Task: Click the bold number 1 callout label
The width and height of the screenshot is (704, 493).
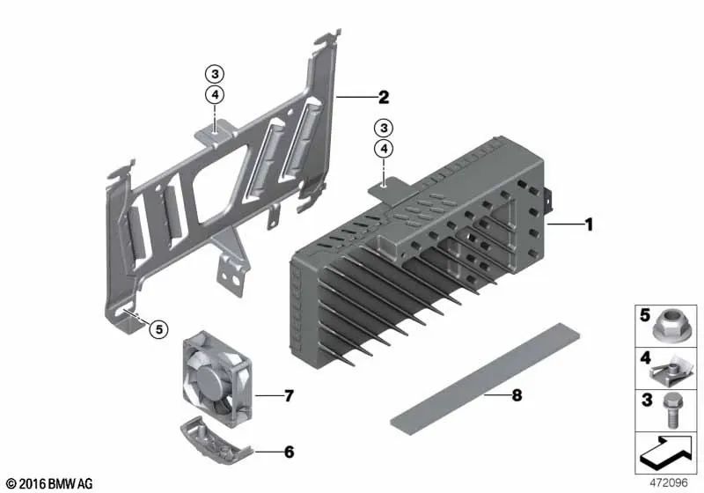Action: [589, 224]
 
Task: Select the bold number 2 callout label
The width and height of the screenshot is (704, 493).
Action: [384, 97]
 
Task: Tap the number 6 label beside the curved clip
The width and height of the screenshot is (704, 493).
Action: [290, 452]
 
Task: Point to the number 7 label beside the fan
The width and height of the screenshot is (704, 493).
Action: [289, 395]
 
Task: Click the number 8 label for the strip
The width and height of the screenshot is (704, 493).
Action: [517, 395]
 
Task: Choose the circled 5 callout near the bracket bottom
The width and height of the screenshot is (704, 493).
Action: [159, 329]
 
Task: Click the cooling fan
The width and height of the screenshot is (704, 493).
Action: [216, 378]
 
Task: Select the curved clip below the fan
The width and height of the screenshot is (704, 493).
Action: [216, 440]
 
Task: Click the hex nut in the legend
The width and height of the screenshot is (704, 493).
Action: [671, 327]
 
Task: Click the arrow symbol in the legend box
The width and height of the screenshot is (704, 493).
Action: [666, 453]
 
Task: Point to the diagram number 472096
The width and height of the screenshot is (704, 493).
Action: [669, 482]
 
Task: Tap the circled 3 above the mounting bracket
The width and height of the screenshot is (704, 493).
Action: [215, 74]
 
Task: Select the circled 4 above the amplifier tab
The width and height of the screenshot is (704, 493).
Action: [384, 149]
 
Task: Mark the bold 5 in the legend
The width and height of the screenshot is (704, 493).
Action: [645, 315]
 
